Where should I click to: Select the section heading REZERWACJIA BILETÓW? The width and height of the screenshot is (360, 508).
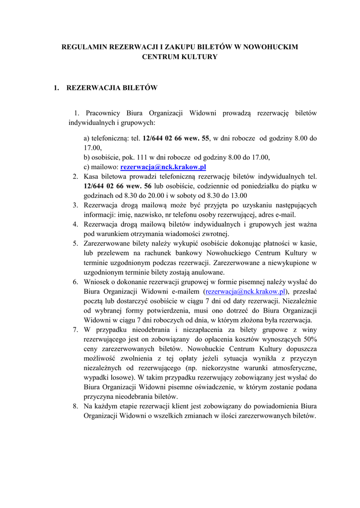[x=112, y=88]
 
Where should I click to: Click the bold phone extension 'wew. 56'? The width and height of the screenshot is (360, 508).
[x=137, y=186]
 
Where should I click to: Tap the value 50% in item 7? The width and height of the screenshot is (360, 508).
[x=309, y=339]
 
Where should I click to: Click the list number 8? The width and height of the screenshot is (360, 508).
[x=75, y=406]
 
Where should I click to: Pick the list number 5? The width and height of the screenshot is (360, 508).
[x=75, y=243]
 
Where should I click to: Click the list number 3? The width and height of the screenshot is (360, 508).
[x=75, y=205]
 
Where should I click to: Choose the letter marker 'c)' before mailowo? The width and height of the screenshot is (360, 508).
[x=87, y=167]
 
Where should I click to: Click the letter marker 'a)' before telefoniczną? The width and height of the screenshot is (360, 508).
[x=87, y=138]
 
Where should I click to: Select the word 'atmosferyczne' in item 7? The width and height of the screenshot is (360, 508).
[x=289, y=368]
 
